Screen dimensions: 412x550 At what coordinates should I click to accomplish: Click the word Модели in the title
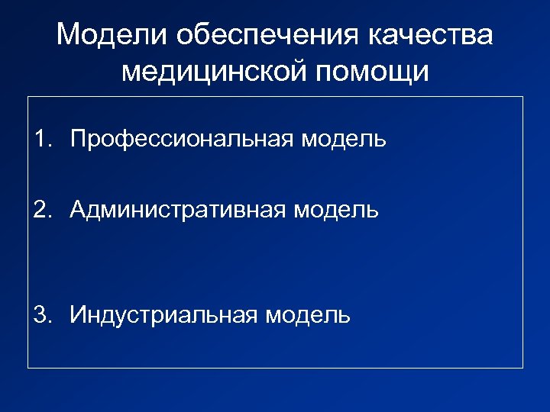pos(109,36)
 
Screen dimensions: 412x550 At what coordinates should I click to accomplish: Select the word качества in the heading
pos(432,36)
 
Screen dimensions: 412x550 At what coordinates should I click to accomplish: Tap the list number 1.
pos(40,139)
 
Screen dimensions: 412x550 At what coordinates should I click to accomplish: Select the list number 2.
pos(40,209)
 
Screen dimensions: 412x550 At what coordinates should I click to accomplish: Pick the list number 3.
pos(40,314)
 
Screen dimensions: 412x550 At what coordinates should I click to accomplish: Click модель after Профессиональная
pos(344,139)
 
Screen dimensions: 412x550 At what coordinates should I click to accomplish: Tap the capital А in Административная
pos(77,209)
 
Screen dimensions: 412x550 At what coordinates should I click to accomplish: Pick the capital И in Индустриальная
pos(77,314)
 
